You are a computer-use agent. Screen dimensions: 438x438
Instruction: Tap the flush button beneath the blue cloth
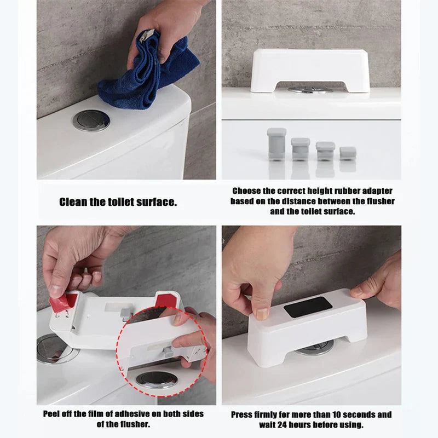[x=91, y=120]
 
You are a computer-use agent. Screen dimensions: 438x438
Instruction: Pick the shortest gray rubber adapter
[x=348, y=153]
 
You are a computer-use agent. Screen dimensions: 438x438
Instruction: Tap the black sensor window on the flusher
[x=308, y=307]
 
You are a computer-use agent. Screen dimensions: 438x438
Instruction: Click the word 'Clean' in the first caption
[x=73, y=202]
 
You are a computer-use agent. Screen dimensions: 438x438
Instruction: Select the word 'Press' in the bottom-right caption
[x=243, y=414]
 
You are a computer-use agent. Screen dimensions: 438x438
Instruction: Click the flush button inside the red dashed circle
[x=155, y=378]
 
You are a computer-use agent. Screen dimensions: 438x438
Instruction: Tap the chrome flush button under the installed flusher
[x=314, y=349]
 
